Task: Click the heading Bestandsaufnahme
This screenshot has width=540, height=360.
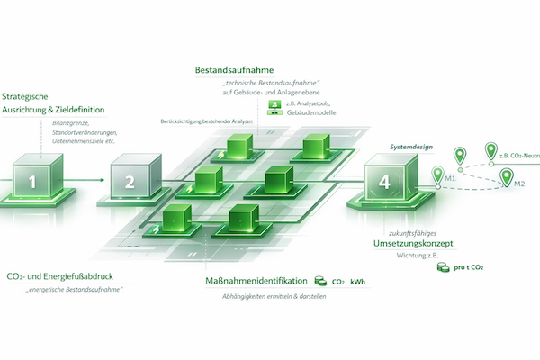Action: click(x=234, y=69)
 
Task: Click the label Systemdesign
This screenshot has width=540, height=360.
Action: click(x=410, y=144)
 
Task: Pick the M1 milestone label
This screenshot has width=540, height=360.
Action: click(x=451, y=176)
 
